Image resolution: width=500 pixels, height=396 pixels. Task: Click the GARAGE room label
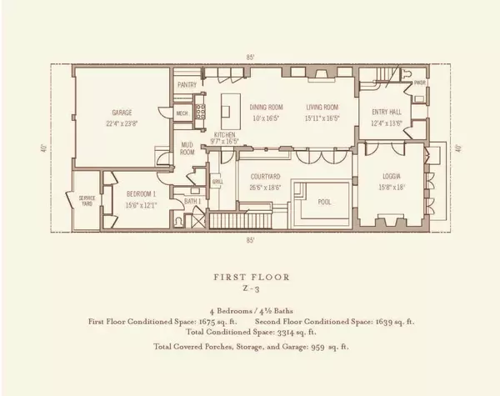coord(122,112)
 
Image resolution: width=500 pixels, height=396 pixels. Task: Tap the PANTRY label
coord(187,85)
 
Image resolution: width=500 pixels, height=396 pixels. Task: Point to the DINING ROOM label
coord(267,107)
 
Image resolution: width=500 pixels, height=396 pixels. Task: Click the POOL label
coord(323,200)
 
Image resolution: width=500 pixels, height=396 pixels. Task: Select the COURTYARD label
coord(265,177)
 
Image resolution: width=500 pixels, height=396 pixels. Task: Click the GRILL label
coord(217,182)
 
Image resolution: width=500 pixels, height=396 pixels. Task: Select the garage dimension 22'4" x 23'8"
coord(122,123)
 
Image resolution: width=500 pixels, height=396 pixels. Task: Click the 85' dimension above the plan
coord(250,57)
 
